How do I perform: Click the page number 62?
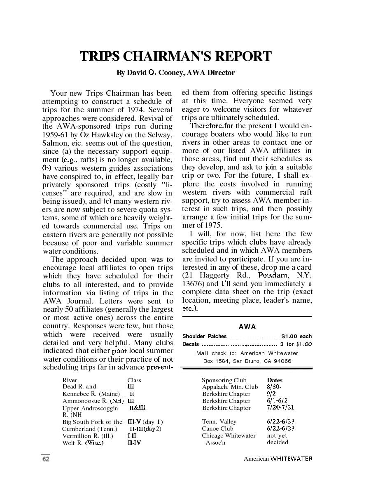tap(46, 459)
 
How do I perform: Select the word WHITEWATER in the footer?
tap(291, 459)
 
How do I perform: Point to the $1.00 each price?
tap(296, 337)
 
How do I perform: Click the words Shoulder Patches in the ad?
tap(205, 337)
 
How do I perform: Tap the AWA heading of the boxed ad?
tap(247, 327)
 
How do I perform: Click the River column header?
tap(70, 380)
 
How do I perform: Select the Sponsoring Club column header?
tap(224, 380)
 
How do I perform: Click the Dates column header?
tap(275, 380)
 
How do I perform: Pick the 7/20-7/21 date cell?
tap(280, 407)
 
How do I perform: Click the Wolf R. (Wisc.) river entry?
tap(83, 443)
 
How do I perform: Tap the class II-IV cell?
tap(134, 443)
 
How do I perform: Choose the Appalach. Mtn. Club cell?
tap(230, 387)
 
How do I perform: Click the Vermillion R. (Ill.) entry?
tap(88, 435)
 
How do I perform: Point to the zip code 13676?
tap(192, 284)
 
